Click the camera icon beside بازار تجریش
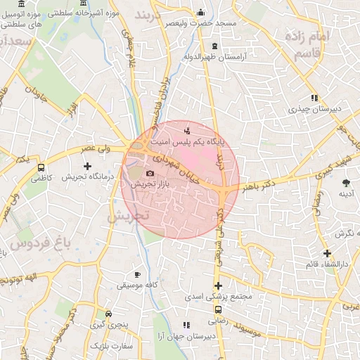click(x=149, y=174)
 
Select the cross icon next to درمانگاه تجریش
click(x=87, y=167)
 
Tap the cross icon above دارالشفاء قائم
click(x=327, y=253)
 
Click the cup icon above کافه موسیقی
click(x=138, y=274)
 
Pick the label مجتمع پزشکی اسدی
click(x=219, y=297)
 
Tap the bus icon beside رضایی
click(x=218, y=309)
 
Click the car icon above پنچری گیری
click(x=108, y=314)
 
